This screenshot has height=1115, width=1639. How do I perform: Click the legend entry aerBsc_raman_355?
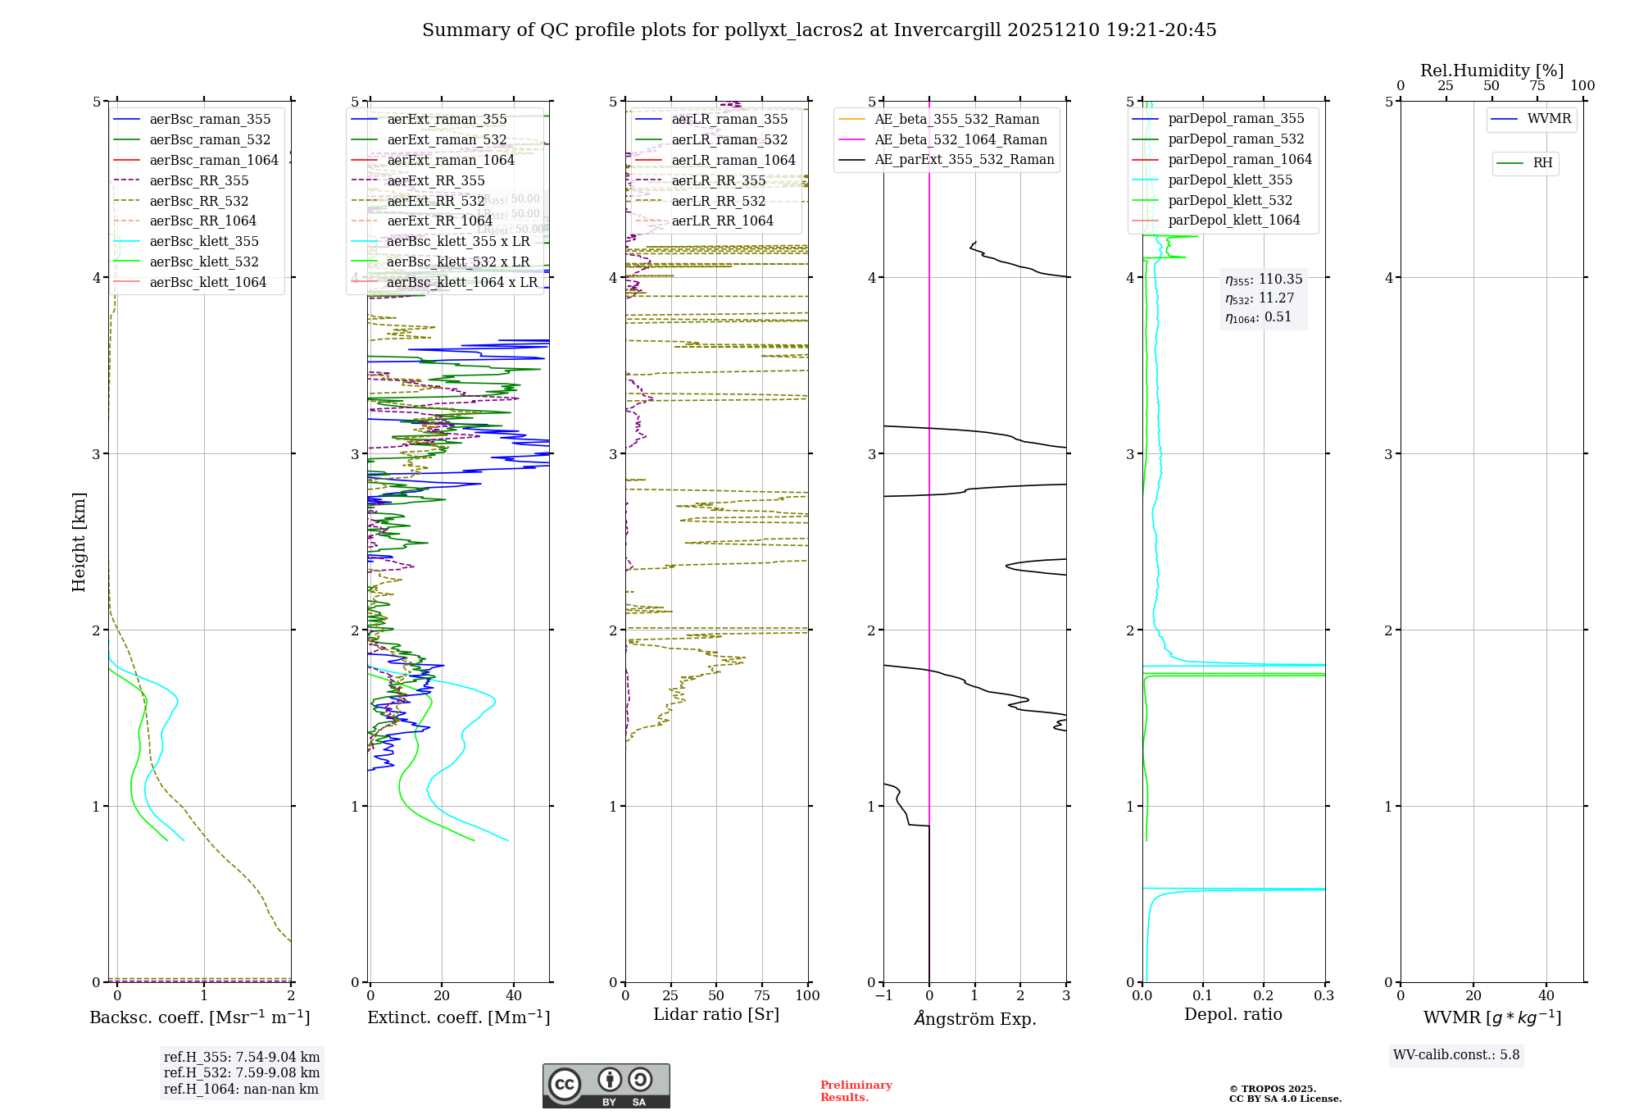point(210,120)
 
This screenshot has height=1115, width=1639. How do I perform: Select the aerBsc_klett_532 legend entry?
point(204,262)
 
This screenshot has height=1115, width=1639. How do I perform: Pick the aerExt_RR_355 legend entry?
point(436,181)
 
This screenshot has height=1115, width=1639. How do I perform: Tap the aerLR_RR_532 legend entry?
point(719,202)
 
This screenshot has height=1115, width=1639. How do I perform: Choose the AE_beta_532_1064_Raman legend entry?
point(960,140)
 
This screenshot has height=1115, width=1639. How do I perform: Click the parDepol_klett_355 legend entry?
point(1230,180)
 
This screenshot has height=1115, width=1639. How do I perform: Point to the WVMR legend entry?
point(1549,119)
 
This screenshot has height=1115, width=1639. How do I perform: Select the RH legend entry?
point(1542,163)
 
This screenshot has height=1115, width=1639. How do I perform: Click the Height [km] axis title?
point(79,541)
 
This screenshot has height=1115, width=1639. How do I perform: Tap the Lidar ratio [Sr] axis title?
point(716,1014)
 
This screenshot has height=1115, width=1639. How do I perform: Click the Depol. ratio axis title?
point(1233,1014)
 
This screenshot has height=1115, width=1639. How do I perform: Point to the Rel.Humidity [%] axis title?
point(1491,71)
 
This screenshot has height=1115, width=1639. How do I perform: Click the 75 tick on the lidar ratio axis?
point(762,996)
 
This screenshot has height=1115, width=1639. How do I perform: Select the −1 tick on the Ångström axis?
point(883,996)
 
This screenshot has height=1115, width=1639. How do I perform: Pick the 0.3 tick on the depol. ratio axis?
point(1324,996)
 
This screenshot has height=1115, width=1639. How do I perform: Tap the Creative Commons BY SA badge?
point(606,1085)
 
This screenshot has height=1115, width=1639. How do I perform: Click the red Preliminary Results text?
point(856,1091)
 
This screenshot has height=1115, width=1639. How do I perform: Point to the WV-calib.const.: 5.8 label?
point(1456,1055)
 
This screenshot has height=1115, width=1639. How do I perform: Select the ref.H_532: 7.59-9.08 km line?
point(242,1073)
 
